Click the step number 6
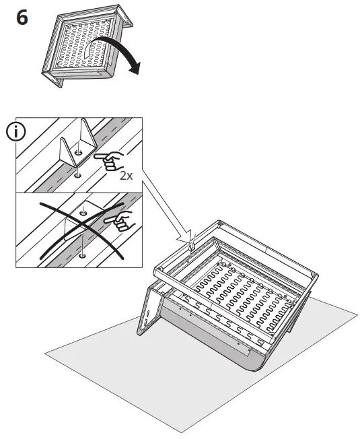point(22,18)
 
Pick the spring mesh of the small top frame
point(87,48)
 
